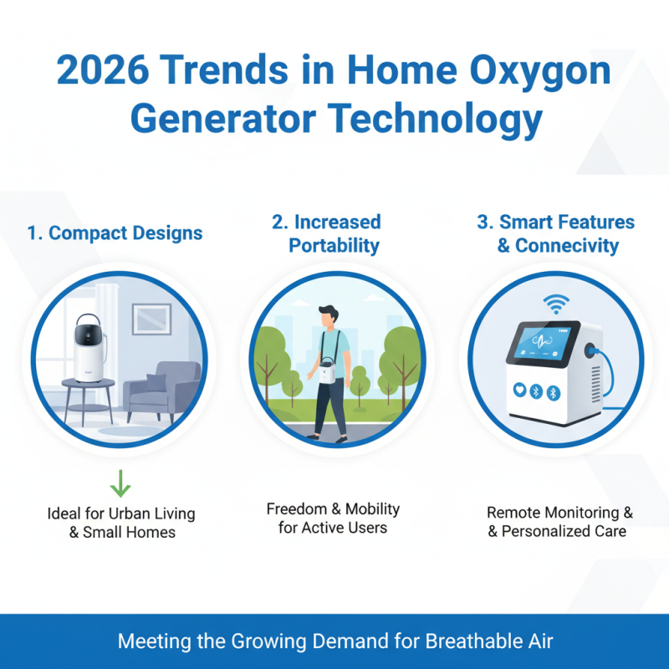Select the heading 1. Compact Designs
point(115,232)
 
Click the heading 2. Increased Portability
point(325,233)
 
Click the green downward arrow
point(121,483)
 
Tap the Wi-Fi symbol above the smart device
point(554,303)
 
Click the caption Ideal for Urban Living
point(121,513)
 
